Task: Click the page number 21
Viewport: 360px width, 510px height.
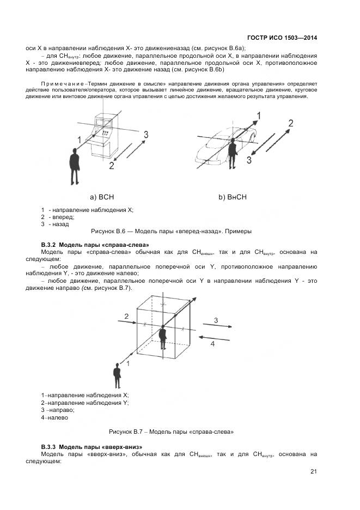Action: [x=314, y=472]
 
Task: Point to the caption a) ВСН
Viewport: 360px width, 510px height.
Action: [x=102, y=197]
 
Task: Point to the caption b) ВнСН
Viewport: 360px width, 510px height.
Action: [x=233, y=197]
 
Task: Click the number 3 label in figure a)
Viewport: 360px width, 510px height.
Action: [x=145, y=134]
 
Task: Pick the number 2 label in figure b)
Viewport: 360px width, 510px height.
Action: [x=291, y=123]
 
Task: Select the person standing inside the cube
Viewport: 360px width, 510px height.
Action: [x=162, y=337]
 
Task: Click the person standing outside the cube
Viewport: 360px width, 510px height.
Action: [x=117, y=377]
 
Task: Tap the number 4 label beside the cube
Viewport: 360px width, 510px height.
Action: [x=213, y=344]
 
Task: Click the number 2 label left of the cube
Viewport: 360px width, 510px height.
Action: [x=126, y=316]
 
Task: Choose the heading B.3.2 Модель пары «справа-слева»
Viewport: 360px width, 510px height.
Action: [x=95, y=245]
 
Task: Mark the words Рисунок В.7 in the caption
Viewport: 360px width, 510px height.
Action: [x=126, y=432]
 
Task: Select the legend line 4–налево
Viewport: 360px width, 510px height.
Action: [x=54, y=418]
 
